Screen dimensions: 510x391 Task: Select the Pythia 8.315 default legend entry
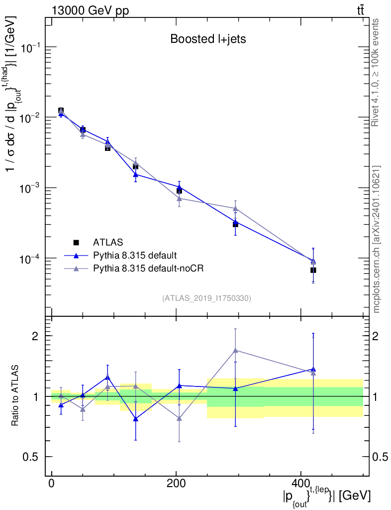[x=134, y=255]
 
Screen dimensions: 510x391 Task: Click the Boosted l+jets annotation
[x=208, y=39]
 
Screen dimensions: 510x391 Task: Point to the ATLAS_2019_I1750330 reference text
[x=206, y=298]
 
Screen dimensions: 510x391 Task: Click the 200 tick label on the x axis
[x=176, y=484]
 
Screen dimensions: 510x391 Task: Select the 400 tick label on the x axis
[x=300, y=484]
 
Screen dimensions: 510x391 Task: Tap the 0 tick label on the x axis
[x=52, y=484]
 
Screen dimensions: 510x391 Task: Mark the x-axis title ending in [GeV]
[x=326, y=497]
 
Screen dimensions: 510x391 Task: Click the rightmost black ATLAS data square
[x=313, y=270]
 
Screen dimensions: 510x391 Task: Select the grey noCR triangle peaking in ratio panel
[x=235, y=351]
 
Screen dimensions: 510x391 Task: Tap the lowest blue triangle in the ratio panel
[x=135, y=419]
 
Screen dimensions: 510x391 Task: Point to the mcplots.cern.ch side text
[x=377, y=239]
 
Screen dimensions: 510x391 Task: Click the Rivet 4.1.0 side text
[x=377, y=72]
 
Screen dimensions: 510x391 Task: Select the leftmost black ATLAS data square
[x=61, y=111]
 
